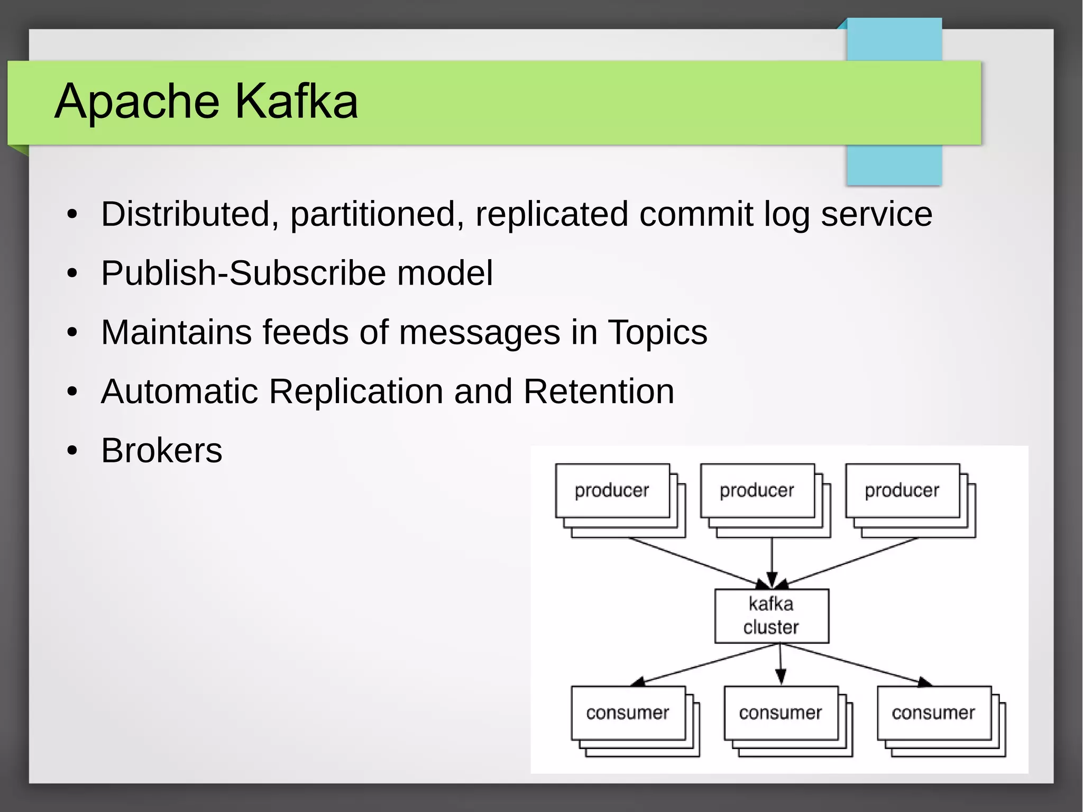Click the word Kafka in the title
(296, 101)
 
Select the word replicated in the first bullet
(552, 215)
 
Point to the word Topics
(657, 333)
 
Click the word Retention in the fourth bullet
(599, 392)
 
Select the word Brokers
(162, 451)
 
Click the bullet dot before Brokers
(72, 451)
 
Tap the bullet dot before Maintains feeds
(72, 333)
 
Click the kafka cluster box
(771, 616)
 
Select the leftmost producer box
(612, 490)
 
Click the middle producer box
(757, 490)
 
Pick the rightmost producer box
(902, 490)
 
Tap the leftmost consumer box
(628, 713)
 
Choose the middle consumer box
(781, 713)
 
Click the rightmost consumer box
(933, 713)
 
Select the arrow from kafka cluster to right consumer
(857, 664)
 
